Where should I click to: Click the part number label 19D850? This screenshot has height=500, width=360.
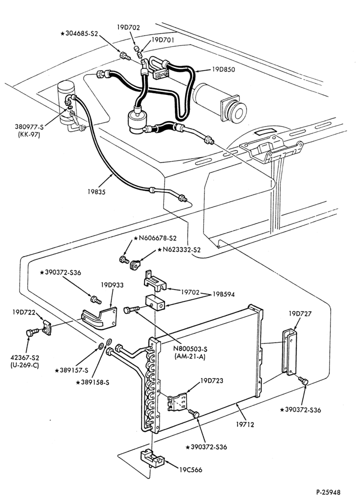click(x=223, y=69)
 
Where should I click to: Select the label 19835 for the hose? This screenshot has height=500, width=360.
click(x=96, y=191)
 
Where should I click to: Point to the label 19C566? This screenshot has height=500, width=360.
click(x=190, y=469)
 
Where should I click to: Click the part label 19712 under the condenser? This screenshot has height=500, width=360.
click(x=245, y=424)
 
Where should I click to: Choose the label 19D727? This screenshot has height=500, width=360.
click(x=300, y=314)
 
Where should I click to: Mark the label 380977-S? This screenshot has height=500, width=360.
click(x=29, y=127)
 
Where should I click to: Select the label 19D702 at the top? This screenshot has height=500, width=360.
click(x=128, y=27)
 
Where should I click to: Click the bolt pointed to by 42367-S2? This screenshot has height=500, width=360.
click(x=31, y=332)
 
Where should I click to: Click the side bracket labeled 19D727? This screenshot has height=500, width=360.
click(x=289, y=351)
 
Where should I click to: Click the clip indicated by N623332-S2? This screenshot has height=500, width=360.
click(x=135, y=264)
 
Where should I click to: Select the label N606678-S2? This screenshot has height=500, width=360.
click(x=155, y=238)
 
